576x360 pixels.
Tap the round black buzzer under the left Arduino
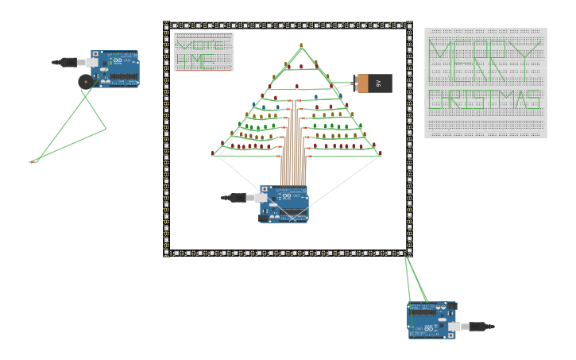tap(85, 81)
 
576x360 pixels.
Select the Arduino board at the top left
tap(115, 69)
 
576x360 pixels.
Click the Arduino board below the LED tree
tap(284, 204)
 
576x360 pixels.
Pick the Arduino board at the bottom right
tap(431, 319)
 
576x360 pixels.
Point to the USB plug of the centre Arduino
tap(238, 198)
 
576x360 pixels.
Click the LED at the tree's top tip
tap(301, 45)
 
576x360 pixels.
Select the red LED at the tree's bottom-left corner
tap(213, 153)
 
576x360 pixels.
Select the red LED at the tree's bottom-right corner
tap(380, 153)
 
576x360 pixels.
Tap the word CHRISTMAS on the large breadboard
tap(485, 100)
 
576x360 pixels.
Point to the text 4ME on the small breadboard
tap(195, 60)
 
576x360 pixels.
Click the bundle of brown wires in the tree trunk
tap(292, 151)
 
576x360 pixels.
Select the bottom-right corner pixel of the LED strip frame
tap(409, 254)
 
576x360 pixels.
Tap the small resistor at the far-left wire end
tap(33, 161)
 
